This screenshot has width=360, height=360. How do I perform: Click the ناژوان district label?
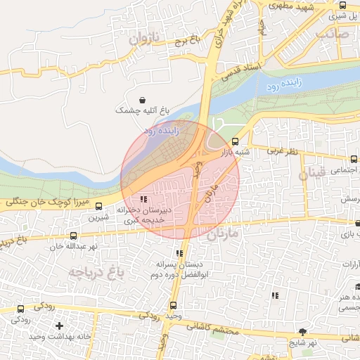(145, 39)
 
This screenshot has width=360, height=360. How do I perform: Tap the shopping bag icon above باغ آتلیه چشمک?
(143, 100)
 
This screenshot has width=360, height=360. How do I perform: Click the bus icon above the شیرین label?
(98, 207)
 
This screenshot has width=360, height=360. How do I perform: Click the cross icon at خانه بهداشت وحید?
(60, 326)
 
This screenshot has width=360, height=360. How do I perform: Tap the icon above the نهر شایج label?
(302, 331)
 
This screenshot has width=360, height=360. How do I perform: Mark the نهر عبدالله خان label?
(73, 247)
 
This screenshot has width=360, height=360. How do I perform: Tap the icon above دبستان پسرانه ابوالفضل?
(179, 253)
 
